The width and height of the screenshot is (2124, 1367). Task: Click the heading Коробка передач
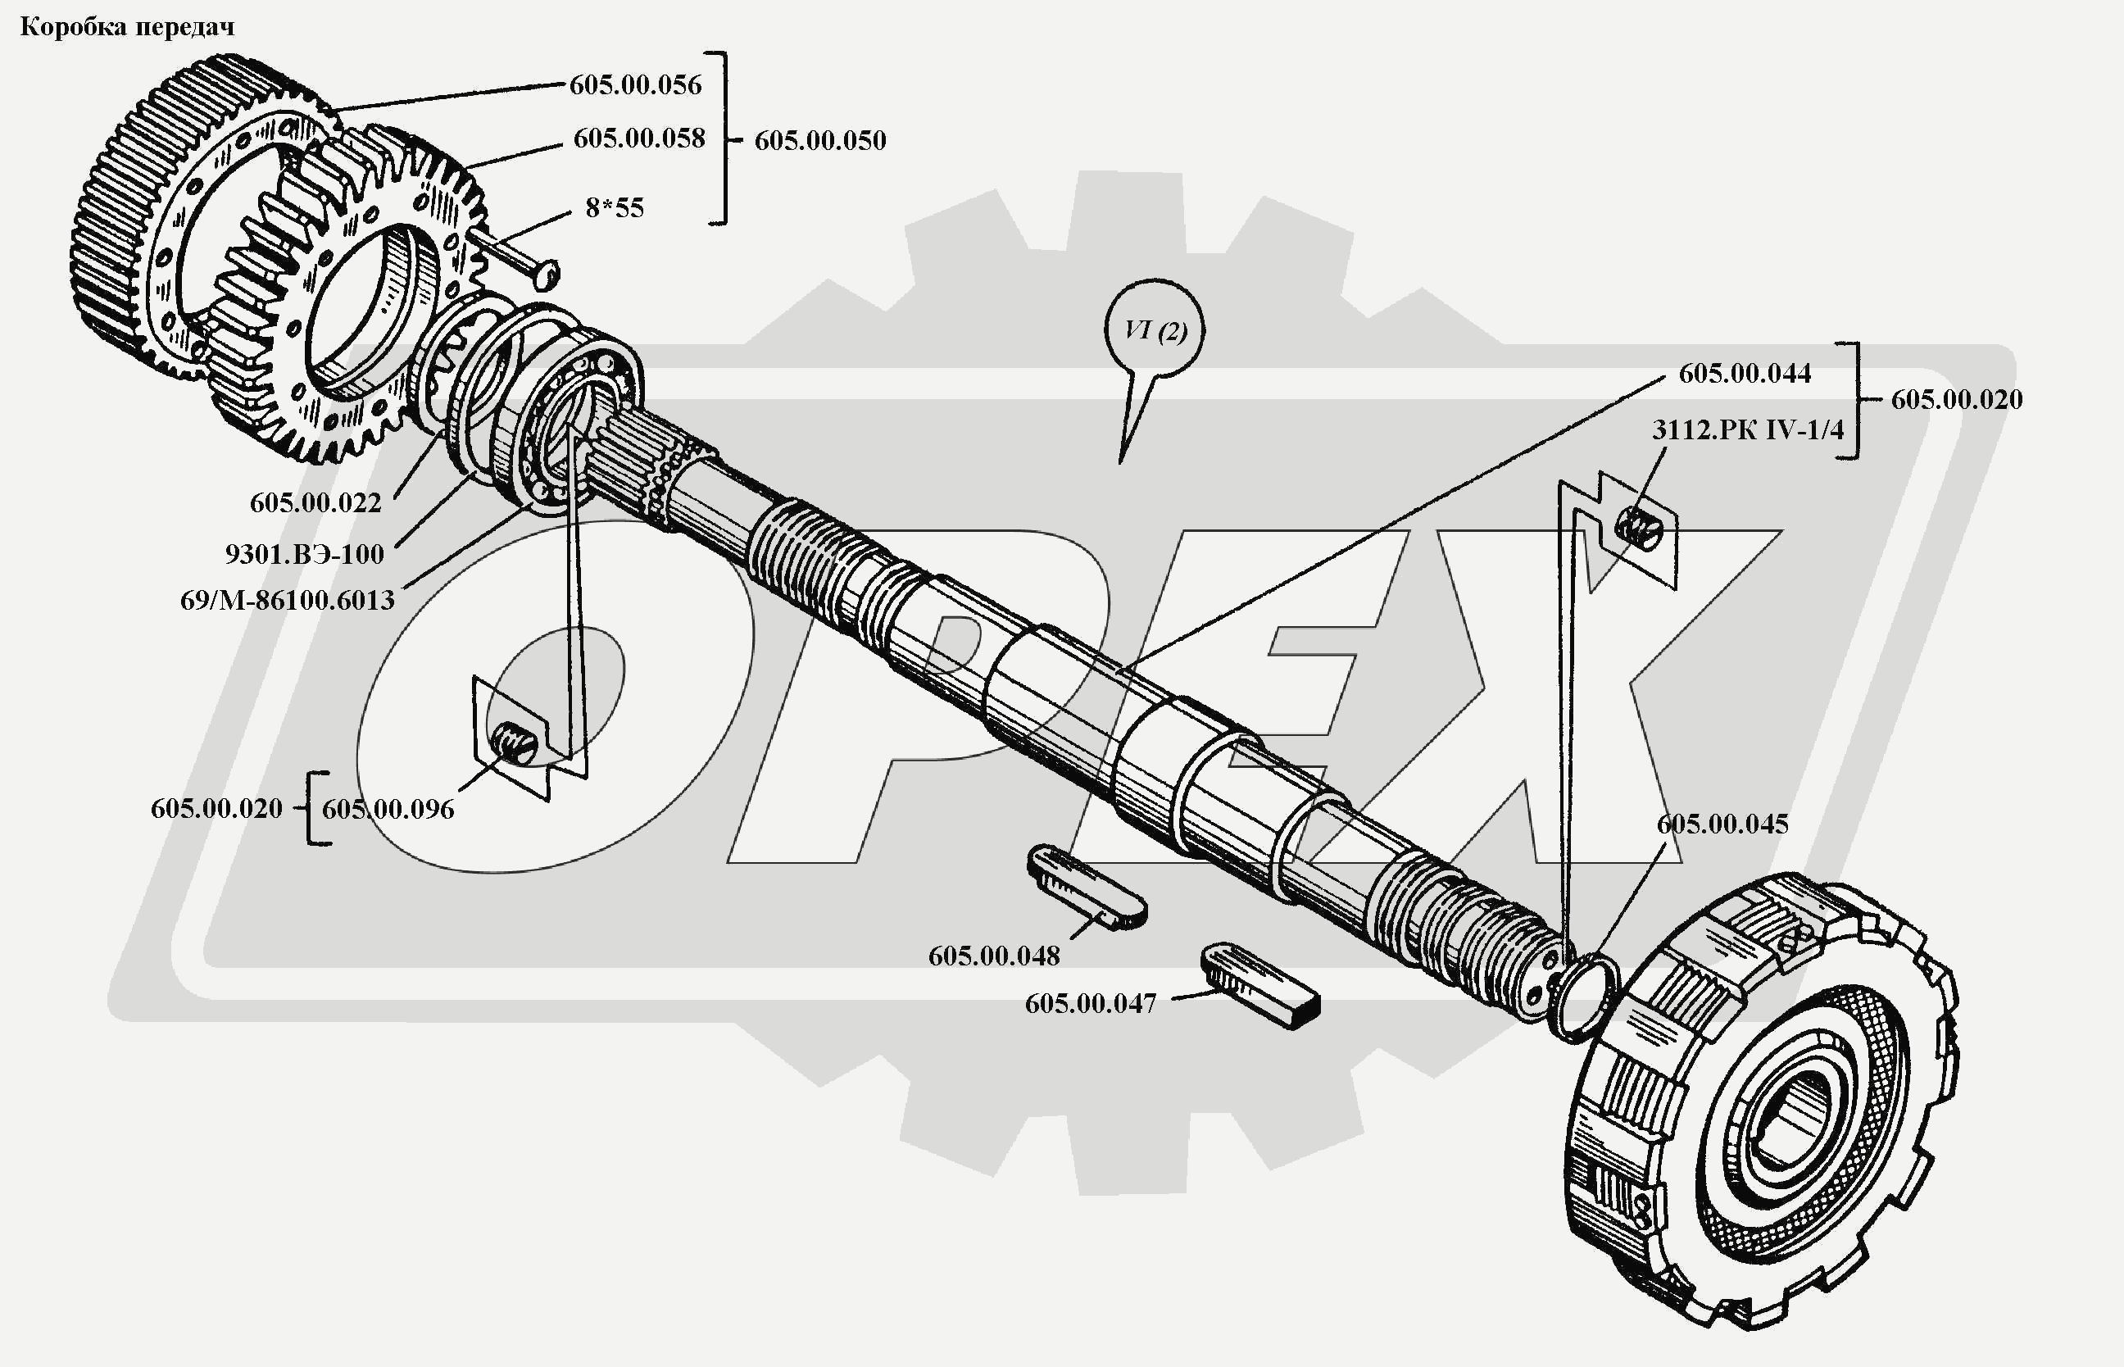(127, 28)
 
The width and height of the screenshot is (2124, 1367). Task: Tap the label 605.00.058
(639, 139)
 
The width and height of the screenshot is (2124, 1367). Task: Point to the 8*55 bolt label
(615, 209)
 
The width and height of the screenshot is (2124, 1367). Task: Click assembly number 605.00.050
(820, 141)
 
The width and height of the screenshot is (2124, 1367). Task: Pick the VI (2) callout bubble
(1155, 331)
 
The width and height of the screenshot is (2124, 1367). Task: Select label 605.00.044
(1744, 374)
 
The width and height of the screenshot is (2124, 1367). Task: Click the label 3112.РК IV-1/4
(1747, 430)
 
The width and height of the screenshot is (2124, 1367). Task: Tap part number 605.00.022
(315, 503)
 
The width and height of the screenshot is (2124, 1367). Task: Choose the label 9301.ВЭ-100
(305, 555)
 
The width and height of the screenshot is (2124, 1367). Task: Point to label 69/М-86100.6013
(287, 601)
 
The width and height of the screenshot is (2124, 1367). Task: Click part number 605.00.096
(388, 810)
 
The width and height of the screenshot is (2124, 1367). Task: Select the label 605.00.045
(1722, 824)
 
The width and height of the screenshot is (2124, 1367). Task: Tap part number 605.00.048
(994, 957)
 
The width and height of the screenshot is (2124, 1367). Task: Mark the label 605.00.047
(1090, 1004)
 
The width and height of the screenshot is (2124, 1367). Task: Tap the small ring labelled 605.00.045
(1582, 997)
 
